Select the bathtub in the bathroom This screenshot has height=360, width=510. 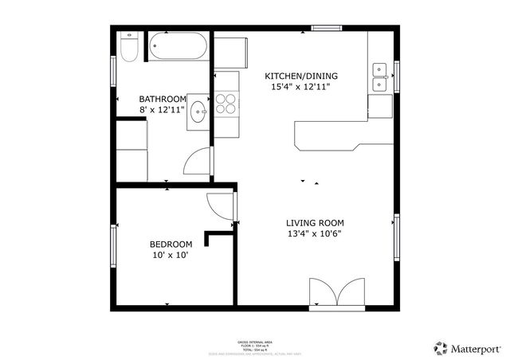tap(178, 47)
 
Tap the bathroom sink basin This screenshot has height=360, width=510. tap(198, 112)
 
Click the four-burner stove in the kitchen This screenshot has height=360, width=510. tap(226, 103)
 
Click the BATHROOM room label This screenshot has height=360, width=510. tap(163, 98)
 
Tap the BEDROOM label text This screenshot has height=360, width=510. tap(171, 245)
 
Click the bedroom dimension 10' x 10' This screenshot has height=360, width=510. tap(171, 256)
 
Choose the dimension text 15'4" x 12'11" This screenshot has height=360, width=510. tap(297, 88)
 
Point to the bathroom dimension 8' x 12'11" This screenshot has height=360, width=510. tap(163, 109)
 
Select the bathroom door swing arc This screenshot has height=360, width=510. tap(196, 163)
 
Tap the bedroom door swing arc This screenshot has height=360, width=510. tap(221, 206)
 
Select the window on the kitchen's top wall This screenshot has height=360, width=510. tap(327, 29)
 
